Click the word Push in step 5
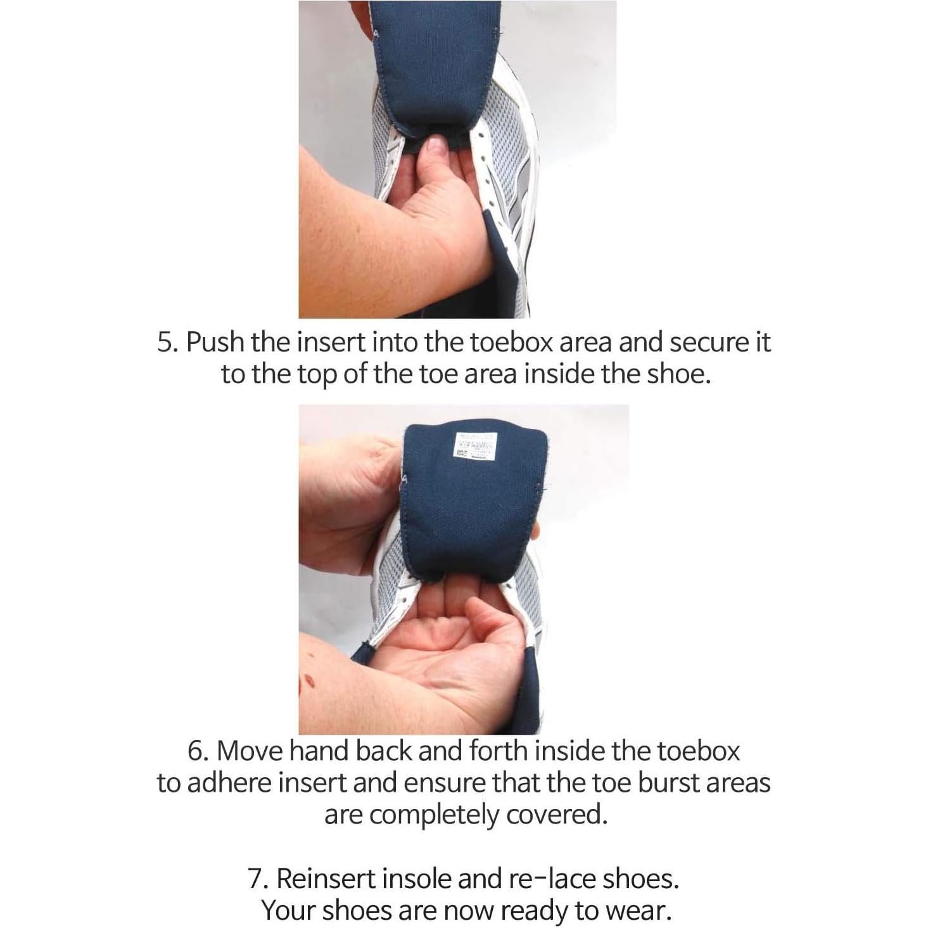click(215, 343)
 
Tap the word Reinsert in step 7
click(327, 879)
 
